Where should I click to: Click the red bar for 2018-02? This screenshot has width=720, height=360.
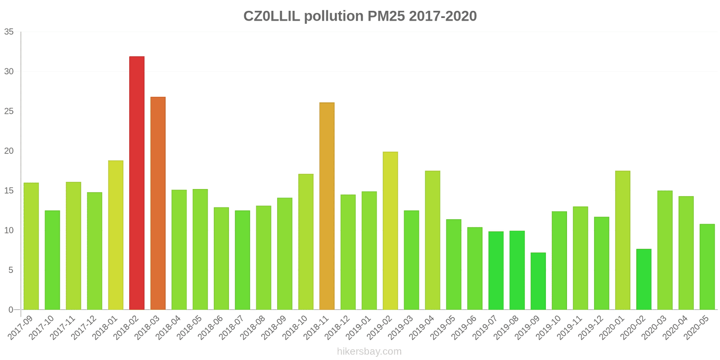point(137,183)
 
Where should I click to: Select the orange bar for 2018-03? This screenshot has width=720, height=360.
point(158,203)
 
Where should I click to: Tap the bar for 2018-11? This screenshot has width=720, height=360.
point(327,206)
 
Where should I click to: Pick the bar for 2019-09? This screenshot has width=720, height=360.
point(538,281)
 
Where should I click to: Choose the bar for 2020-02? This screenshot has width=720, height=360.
point(643,279)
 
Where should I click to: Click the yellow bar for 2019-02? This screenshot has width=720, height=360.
point(390,231)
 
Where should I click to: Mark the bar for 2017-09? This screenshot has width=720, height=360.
point(31,246)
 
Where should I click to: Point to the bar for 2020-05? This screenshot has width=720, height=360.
point(707,267)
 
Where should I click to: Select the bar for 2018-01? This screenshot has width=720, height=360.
point(116,235)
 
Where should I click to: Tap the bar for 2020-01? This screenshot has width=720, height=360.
point(622,240)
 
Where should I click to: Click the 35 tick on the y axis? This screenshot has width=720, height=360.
point(9,32)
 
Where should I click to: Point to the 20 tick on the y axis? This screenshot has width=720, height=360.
point(9,151)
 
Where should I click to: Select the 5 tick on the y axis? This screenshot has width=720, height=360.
point(11,270)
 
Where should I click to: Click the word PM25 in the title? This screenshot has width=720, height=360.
point(386,16)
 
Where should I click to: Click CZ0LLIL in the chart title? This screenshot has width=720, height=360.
point(272,16)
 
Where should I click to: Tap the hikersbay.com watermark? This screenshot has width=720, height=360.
point(369,351)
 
